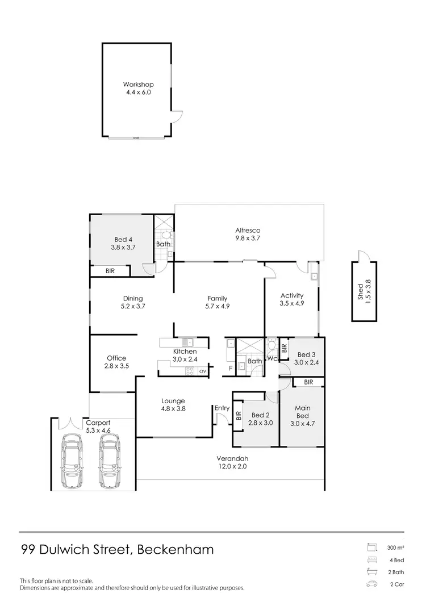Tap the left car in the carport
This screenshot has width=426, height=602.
pos(73,461)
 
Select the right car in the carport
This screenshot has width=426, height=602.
pos(110,461)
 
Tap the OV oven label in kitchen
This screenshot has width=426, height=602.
pos(202,371)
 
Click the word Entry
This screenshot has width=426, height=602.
pos(222,408)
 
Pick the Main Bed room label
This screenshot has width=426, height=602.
pos(302,412)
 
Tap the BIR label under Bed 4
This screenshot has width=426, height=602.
pos(110,272)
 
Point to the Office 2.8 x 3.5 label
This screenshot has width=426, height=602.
pos(116,362)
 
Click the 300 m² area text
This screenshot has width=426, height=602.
pos(395,548)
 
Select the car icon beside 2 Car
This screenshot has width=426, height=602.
pos(372,584)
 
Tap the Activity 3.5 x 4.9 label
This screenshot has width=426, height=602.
pos(292,299)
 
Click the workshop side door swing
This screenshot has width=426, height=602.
pos(178,116)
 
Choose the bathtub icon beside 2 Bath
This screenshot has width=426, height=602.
pos(372,572)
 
